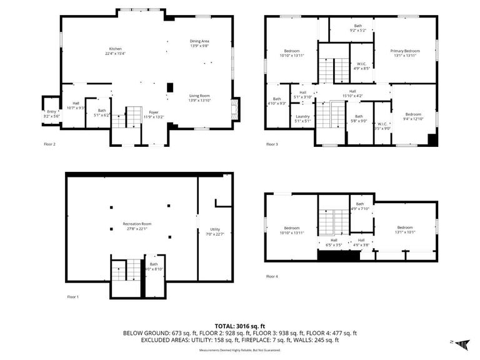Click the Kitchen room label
(115, 49)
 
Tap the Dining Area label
(199, 41)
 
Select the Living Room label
(199, 96)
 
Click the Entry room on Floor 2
(51, 113)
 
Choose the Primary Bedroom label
(405, 51)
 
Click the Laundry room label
(302, 116)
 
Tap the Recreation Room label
(137, 224)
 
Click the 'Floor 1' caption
(73, 297)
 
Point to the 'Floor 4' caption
(272, 276)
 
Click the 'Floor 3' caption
(272, 144)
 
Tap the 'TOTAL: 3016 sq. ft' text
(240, 326)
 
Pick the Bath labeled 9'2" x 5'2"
(357, 26)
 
